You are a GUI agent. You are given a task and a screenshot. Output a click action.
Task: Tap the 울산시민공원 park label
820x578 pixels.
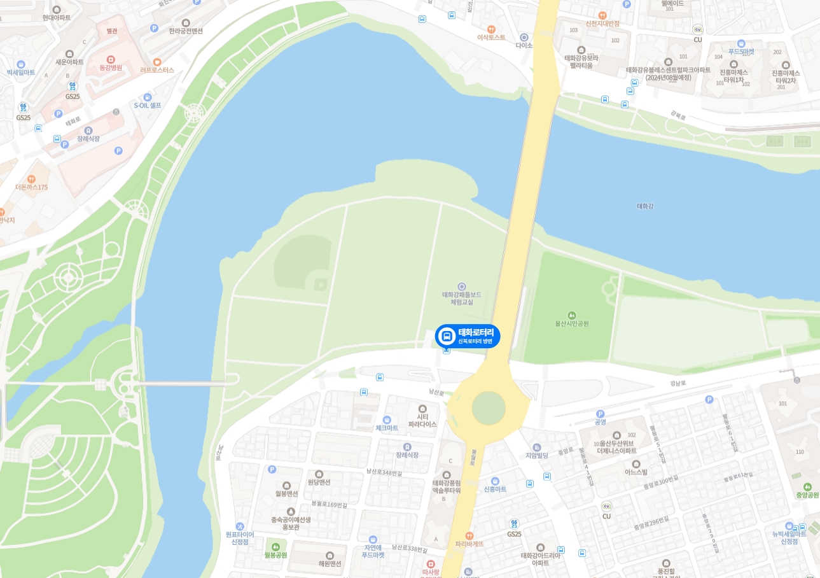[571, 323]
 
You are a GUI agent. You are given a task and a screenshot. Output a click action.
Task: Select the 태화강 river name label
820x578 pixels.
[645, 206]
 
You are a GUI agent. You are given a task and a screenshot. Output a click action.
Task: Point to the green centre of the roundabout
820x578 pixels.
[489, 407]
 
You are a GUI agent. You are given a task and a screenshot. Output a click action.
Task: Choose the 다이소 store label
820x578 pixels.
[524, 46]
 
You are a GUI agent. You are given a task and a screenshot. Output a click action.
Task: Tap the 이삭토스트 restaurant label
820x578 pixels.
[491, 37]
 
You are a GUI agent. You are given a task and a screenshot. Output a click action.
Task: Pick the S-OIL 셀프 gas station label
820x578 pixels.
[148, 105]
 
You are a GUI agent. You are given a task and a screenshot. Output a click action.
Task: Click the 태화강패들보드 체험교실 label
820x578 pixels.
[461, 298]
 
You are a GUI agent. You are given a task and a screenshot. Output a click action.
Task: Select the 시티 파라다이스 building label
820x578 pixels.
[422, 420]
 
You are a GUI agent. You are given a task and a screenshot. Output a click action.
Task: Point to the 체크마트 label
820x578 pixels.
[387, 428]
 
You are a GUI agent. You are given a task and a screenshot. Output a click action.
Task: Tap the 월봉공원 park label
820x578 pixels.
[275, 554]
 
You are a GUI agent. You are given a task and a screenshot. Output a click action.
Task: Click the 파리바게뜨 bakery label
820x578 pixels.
[469, 544]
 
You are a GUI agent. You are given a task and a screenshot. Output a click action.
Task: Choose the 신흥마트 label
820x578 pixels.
[495, 489]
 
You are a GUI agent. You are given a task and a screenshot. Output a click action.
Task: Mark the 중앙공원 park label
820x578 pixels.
[807, 495]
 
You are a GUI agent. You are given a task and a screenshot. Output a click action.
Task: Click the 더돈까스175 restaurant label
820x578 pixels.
[32, 187]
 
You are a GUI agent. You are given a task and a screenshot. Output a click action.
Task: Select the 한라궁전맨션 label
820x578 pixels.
[186, 31]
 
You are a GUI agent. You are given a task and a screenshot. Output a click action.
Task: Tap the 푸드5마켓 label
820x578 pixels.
[741, 52]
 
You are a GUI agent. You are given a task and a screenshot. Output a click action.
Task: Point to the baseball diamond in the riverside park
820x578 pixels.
[305, 271]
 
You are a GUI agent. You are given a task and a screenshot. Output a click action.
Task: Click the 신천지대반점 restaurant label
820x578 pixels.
[602, 23]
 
